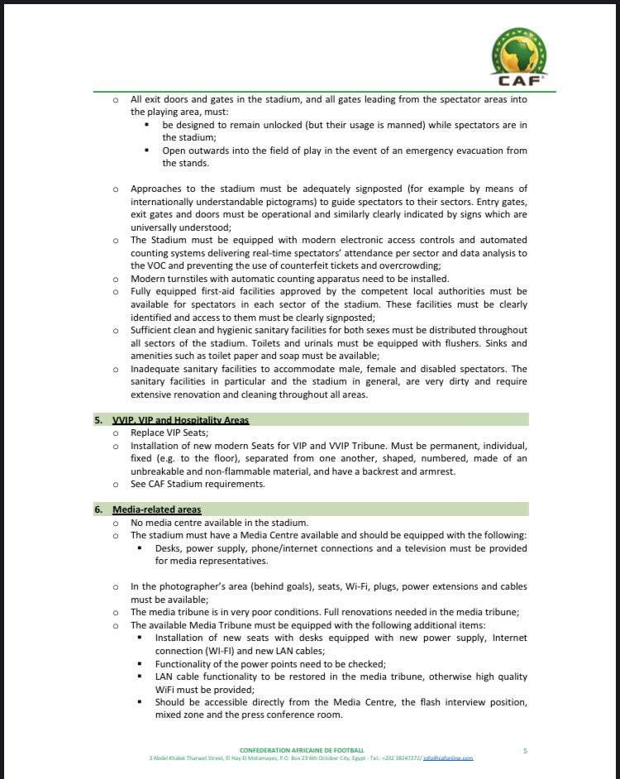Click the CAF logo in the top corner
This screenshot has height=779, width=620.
(519, 57)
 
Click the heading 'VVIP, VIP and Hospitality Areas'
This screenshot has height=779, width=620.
(181, 420)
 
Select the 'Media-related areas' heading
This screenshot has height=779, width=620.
(156, 509)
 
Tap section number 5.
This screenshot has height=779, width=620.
(98, 420)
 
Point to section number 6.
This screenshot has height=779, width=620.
(98, 509)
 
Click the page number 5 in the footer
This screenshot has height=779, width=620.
(525, 750)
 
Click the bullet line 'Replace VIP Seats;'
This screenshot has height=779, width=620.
(169, 433)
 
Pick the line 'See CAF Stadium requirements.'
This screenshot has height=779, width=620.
(198, 484)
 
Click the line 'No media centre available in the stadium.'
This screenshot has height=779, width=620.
(219, 523)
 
